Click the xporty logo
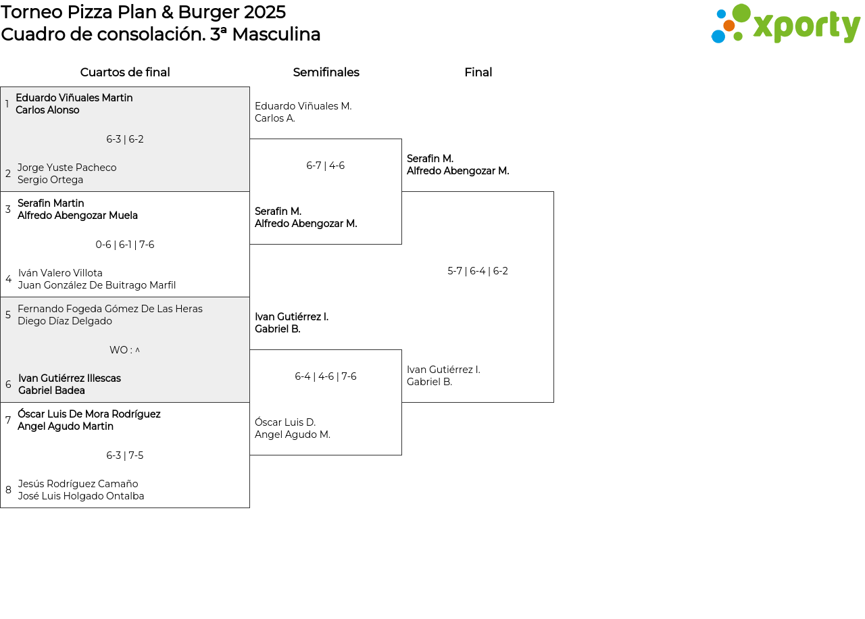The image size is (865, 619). click(785, 24)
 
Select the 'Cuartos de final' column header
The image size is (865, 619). click(125, 72)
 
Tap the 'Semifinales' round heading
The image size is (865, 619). click(326, 72)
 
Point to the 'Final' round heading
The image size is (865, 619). click(478, 72)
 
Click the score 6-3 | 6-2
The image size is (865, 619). click(125, 139)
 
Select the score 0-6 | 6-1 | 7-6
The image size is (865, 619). click(125, 245)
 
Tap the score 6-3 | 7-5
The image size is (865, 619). click(125, 455)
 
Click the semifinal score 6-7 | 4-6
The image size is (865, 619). click(326, 166)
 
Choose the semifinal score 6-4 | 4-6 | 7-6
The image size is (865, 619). click(326, 376)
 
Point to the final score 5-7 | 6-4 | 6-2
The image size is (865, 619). click(478, 271)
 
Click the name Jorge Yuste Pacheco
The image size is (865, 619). click(67, 168)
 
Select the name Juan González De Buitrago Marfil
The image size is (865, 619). click(97, 285)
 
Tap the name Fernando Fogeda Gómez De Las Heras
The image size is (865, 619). click(110, 309)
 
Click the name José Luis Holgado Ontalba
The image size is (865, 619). click(81, 496)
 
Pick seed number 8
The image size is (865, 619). click(8, 490)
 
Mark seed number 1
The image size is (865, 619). click(7, 104)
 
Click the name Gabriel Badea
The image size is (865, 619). click(52, 391)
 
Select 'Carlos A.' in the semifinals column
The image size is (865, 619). click(275, 118)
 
